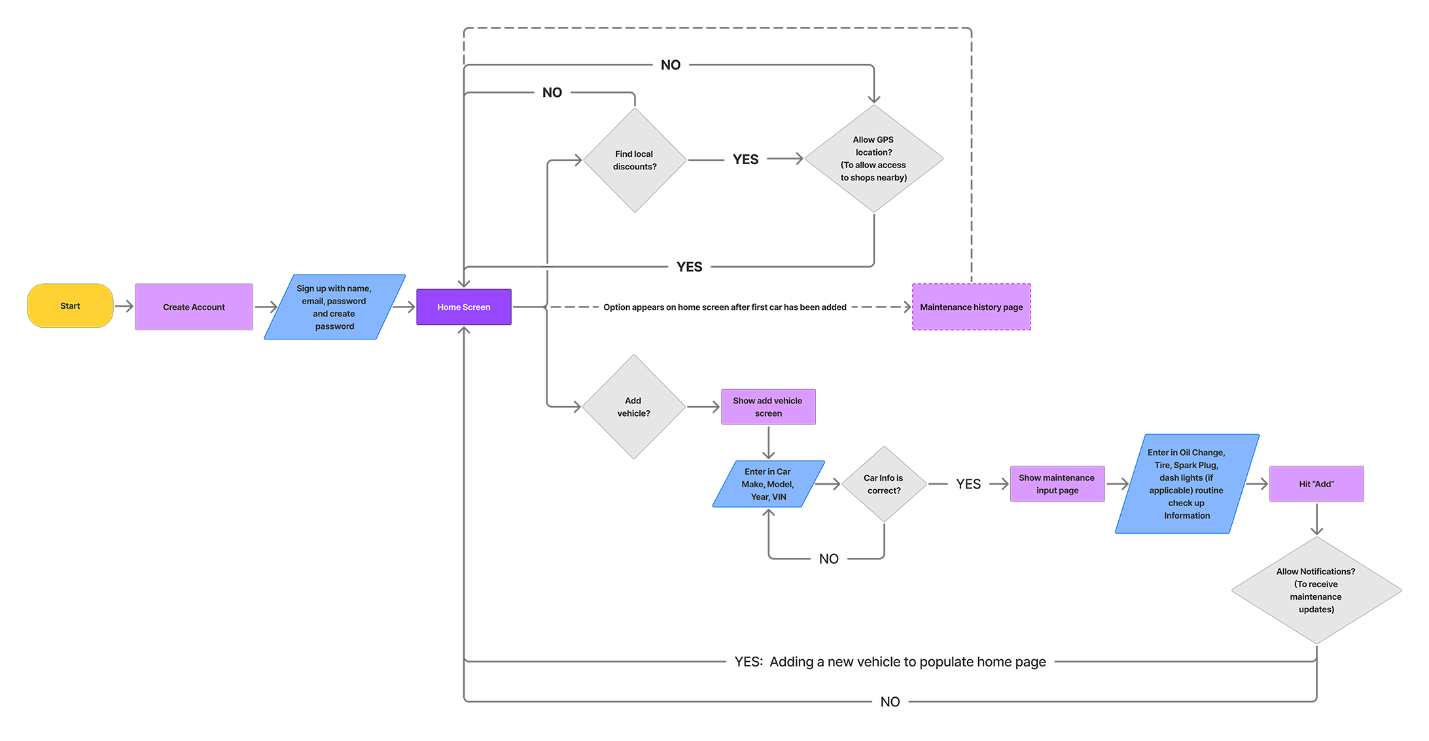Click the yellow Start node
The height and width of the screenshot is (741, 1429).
[70, 305]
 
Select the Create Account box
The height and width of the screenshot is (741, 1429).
[194, 307]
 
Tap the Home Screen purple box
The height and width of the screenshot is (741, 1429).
[463, 307]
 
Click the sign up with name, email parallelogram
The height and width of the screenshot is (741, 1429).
[334, 307]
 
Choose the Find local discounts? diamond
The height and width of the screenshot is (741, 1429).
[634, 160]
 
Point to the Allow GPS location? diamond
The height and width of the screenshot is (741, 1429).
[873, 158]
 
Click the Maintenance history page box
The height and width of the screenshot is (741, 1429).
[971, 307]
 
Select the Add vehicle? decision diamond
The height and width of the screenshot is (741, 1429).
[633, 407]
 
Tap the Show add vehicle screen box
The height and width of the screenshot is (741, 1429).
[767, 407]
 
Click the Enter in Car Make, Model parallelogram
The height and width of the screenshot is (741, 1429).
[767, 484]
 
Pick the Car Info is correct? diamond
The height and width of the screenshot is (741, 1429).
[883, 484]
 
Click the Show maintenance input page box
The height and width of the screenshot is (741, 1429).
[1057, 484]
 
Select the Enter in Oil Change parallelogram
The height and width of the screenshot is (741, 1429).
[1186, 484]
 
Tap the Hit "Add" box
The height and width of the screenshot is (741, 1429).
[1316, 484]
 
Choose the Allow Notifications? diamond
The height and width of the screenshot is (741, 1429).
[1315, 590]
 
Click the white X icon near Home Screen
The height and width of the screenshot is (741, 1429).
[547, 267]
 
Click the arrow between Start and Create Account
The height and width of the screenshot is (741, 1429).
[124, 305]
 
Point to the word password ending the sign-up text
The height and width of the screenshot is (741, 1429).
[334, 326]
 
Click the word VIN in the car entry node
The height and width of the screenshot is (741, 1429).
[779, 497]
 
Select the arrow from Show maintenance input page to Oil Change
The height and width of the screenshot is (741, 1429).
[1116, 483]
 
